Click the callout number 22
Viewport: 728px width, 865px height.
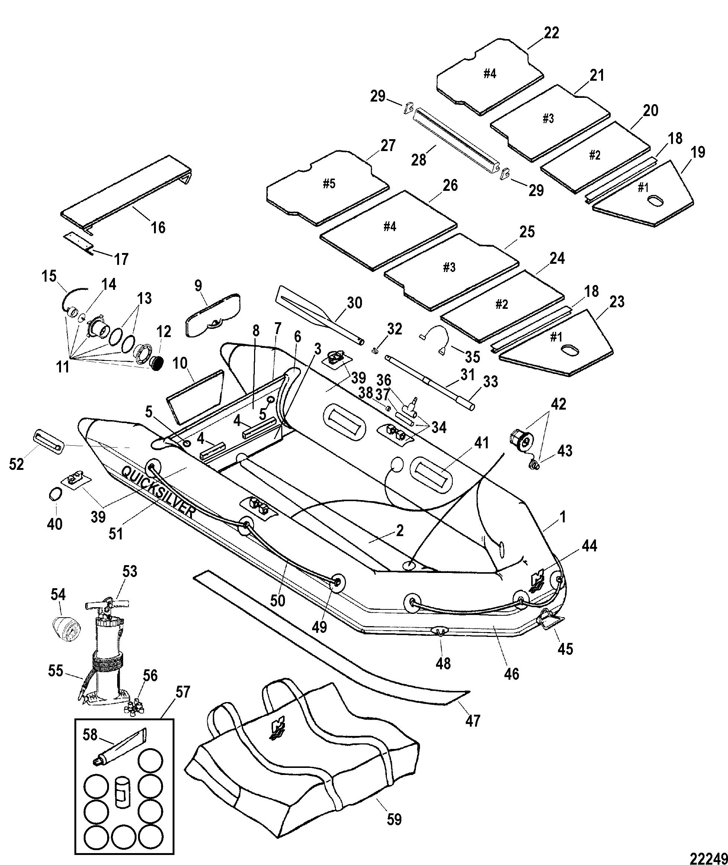pyautogui.click(x=552, y=33)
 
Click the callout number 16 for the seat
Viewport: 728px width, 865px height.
pyautogui.click(x=158, y=227)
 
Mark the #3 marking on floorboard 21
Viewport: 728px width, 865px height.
pyautogui.click(x=548, y=119)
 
